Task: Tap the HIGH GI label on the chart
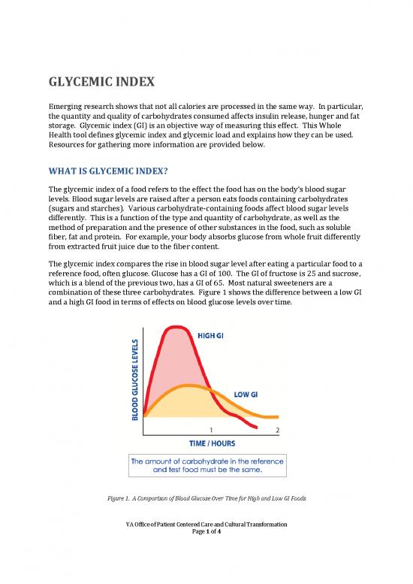214,334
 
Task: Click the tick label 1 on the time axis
219,430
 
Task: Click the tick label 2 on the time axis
277,430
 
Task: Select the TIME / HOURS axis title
213,443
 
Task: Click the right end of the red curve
258,428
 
